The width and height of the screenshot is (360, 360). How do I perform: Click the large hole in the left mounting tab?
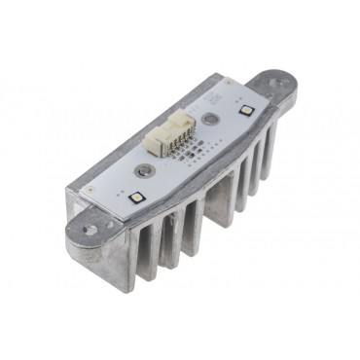[89, 232]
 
